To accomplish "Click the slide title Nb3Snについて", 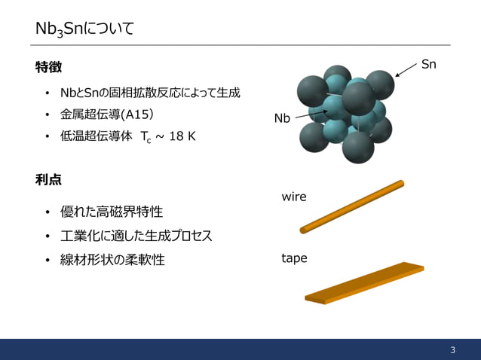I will (x=85, y=29).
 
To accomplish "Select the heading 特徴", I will (x=48, y=67).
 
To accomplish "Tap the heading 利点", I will (x=48, y=179).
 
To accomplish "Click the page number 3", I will (x=452, y=349).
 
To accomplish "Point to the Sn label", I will (x=428, y=65).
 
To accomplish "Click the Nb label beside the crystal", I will (x=282, y=118).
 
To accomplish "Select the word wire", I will (x=294, y=197).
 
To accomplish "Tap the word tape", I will (x=294, y=258).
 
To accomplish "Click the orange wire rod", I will (x=352, y=206).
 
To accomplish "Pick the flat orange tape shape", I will (x=364, y=283).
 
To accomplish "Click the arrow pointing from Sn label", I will (x=406, y=70).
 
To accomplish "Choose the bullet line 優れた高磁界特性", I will (x=112, y=212).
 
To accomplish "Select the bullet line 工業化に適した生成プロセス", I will (x=136, y=236).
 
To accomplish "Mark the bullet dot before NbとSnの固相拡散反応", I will (x=47, y=93).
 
